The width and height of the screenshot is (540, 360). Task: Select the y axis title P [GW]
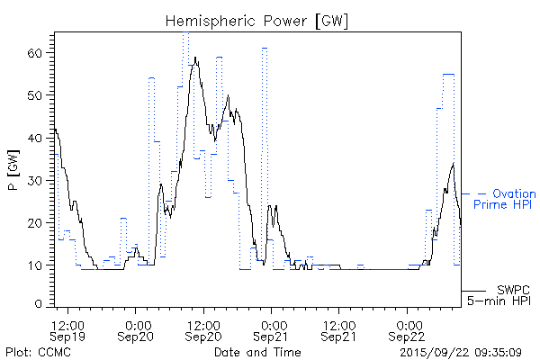pyautogui.click(x=13, y=170)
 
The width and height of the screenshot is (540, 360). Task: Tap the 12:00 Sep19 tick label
pyautogui.click(x=68, y=329)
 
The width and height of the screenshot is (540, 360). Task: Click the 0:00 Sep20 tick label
pyautogui.click(x=137, y=329)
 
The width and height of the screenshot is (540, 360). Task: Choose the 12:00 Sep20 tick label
pyautogui.click(x=203, y=329)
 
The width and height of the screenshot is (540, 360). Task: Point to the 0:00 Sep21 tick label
pyautogui.click(x=272, y=329)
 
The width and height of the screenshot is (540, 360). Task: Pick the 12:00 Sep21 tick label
pyautogui.click(x=338, y=329)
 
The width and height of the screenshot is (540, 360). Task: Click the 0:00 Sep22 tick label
pyautogui.click(x=407, y=329)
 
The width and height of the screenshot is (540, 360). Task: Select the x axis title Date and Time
pyautogui.click(x=254, y=351)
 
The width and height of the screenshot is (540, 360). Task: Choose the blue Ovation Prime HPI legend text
pyautogui.click(x=504, y=199)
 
